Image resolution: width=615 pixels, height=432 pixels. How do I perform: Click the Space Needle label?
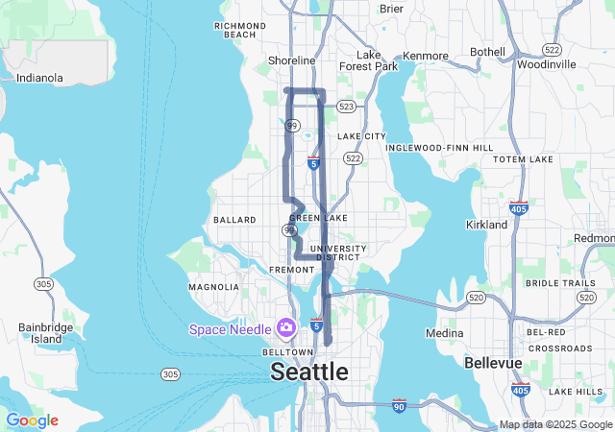tap(231, 329)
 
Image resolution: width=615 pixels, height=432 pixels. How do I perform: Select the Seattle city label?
tap(309, 371)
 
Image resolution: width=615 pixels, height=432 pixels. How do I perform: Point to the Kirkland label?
tap(486, 224)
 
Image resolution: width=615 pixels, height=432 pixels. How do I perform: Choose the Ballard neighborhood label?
tap(234, 220)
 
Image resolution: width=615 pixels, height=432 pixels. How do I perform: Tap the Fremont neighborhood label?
tap(292, 270)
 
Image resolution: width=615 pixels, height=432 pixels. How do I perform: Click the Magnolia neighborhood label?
tap(213, 287)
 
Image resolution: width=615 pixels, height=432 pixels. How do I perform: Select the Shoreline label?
tap(290, 60)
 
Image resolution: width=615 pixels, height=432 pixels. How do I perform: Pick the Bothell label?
tap(487, 51)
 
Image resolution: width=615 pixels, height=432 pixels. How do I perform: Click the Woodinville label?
tap(546, 64)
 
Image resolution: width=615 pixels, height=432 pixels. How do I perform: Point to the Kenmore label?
tap(425, 56)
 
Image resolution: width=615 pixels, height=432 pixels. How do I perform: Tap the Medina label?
tap(444, 333)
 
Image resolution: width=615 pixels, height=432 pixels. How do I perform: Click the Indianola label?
tap(39, 78)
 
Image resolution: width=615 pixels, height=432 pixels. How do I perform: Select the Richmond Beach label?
tap(241, 30)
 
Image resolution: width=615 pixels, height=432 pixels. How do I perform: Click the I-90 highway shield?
tap(398, 407)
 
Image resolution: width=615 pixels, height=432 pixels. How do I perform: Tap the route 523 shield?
tap(347, 107)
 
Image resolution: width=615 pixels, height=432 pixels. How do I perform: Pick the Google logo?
tap(32, 420)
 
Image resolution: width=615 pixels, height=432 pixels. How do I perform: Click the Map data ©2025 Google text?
tap(555, 424)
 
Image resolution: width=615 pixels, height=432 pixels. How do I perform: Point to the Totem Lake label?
tap(523, 158)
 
